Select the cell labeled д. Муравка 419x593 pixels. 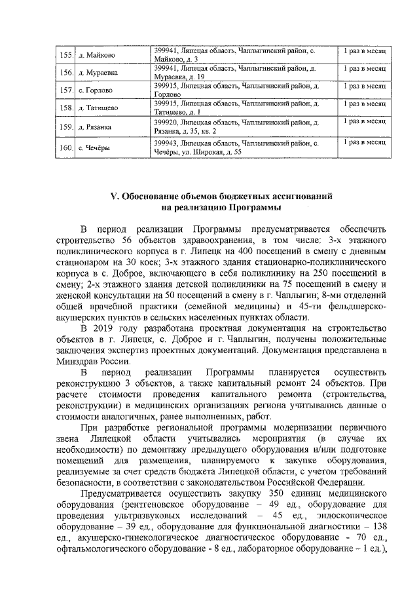[98, 72]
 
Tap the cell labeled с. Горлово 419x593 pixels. [96, 90]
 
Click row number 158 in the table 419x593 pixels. [65, 107]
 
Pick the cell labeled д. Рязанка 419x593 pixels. [95, 126]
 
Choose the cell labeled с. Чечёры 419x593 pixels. [94, 147]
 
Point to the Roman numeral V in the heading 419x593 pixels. [111, 196]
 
